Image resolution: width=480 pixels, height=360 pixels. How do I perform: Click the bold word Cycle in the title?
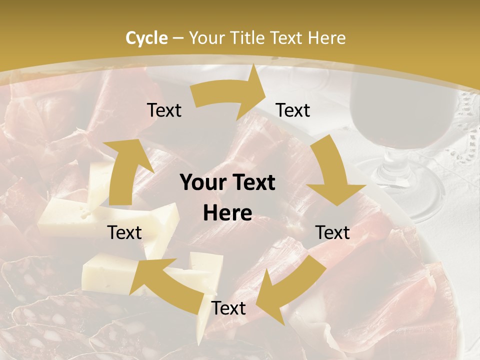click(146, 38)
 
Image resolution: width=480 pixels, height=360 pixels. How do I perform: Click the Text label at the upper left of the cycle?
click(164, 110)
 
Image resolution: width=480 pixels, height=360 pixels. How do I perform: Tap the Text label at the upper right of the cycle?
click(293, 110)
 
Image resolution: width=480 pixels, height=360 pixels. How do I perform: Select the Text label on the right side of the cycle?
click(333, 232)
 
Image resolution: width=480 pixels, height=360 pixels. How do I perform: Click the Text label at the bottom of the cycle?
click(228, 308)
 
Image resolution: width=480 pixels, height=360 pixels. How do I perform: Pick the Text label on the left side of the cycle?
click(124, 232)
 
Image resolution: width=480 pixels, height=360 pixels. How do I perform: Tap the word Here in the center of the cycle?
click(227, 213)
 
